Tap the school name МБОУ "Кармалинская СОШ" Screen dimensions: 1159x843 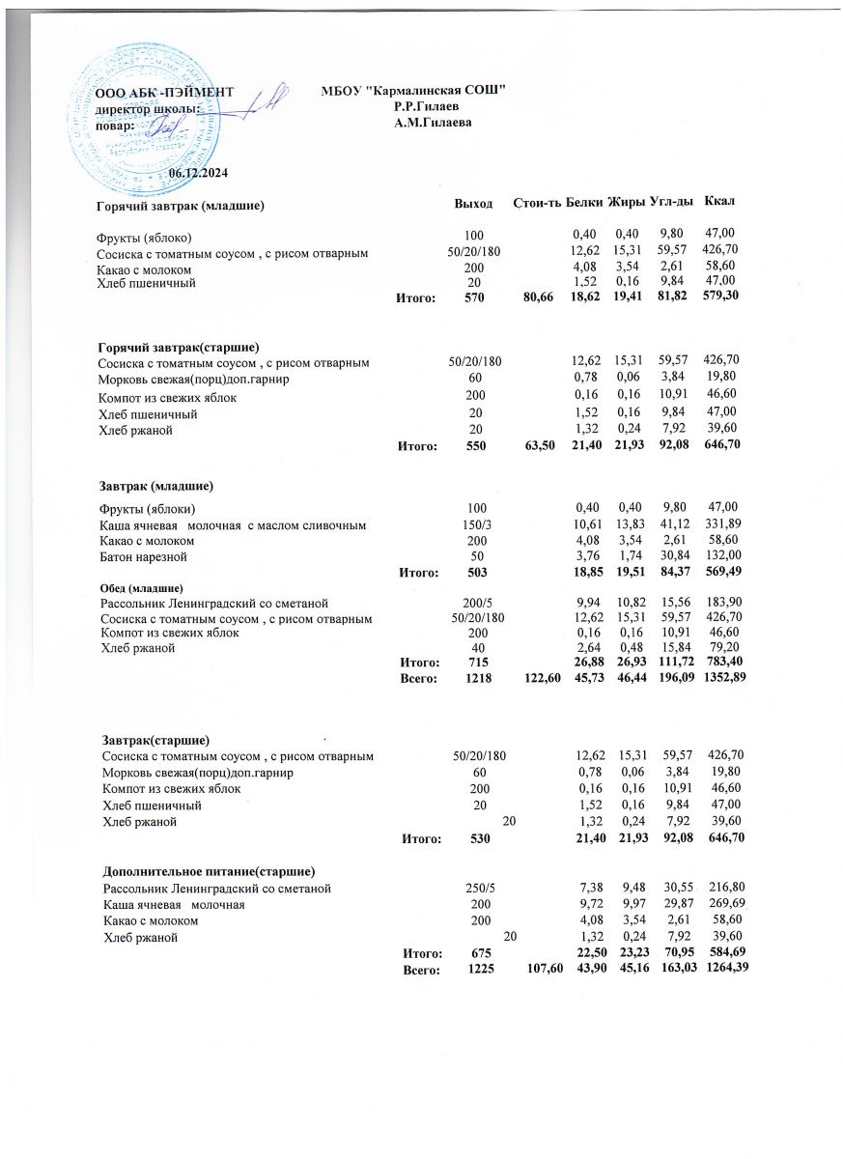pos(414,91)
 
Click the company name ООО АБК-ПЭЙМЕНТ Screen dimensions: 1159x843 pos(163,93)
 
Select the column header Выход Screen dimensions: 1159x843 pos(473,203)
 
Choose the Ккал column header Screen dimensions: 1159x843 pos(720,201)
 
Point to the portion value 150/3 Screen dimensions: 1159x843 pos(473,524)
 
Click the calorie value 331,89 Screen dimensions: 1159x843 pos(719,524)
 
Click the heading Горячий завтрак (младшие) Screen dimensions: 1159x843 pos(181,206)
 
